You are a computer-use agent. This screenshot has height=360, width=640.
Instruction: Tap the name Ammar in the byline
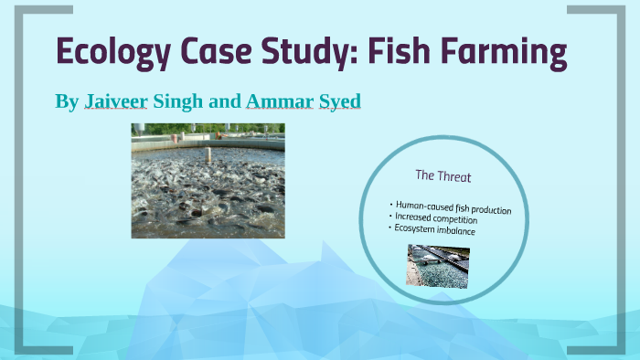(x=280, y=101)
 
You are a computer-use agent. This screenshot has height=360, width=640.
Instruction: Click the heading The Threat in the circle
(x=443, y=175)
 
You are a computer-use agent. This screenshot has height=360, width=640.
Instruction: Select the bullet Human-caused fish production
(x=451, y=206)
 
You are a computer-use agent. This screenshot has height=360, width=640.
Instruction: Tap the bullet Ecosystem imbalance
(x=435, y=230)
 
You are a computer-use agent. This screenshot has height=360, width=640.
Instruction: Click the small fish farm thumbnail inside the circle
(x=439, y=266)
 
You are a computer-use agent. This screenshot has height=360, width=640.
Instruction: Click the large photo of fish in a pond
(x=208, y=181)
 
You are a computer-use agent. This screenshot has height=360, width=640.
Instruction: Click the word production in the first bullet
(x=487, y=209)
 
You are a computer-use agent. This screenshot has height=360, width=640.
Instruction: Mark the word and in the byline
(x=225, y=101)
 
